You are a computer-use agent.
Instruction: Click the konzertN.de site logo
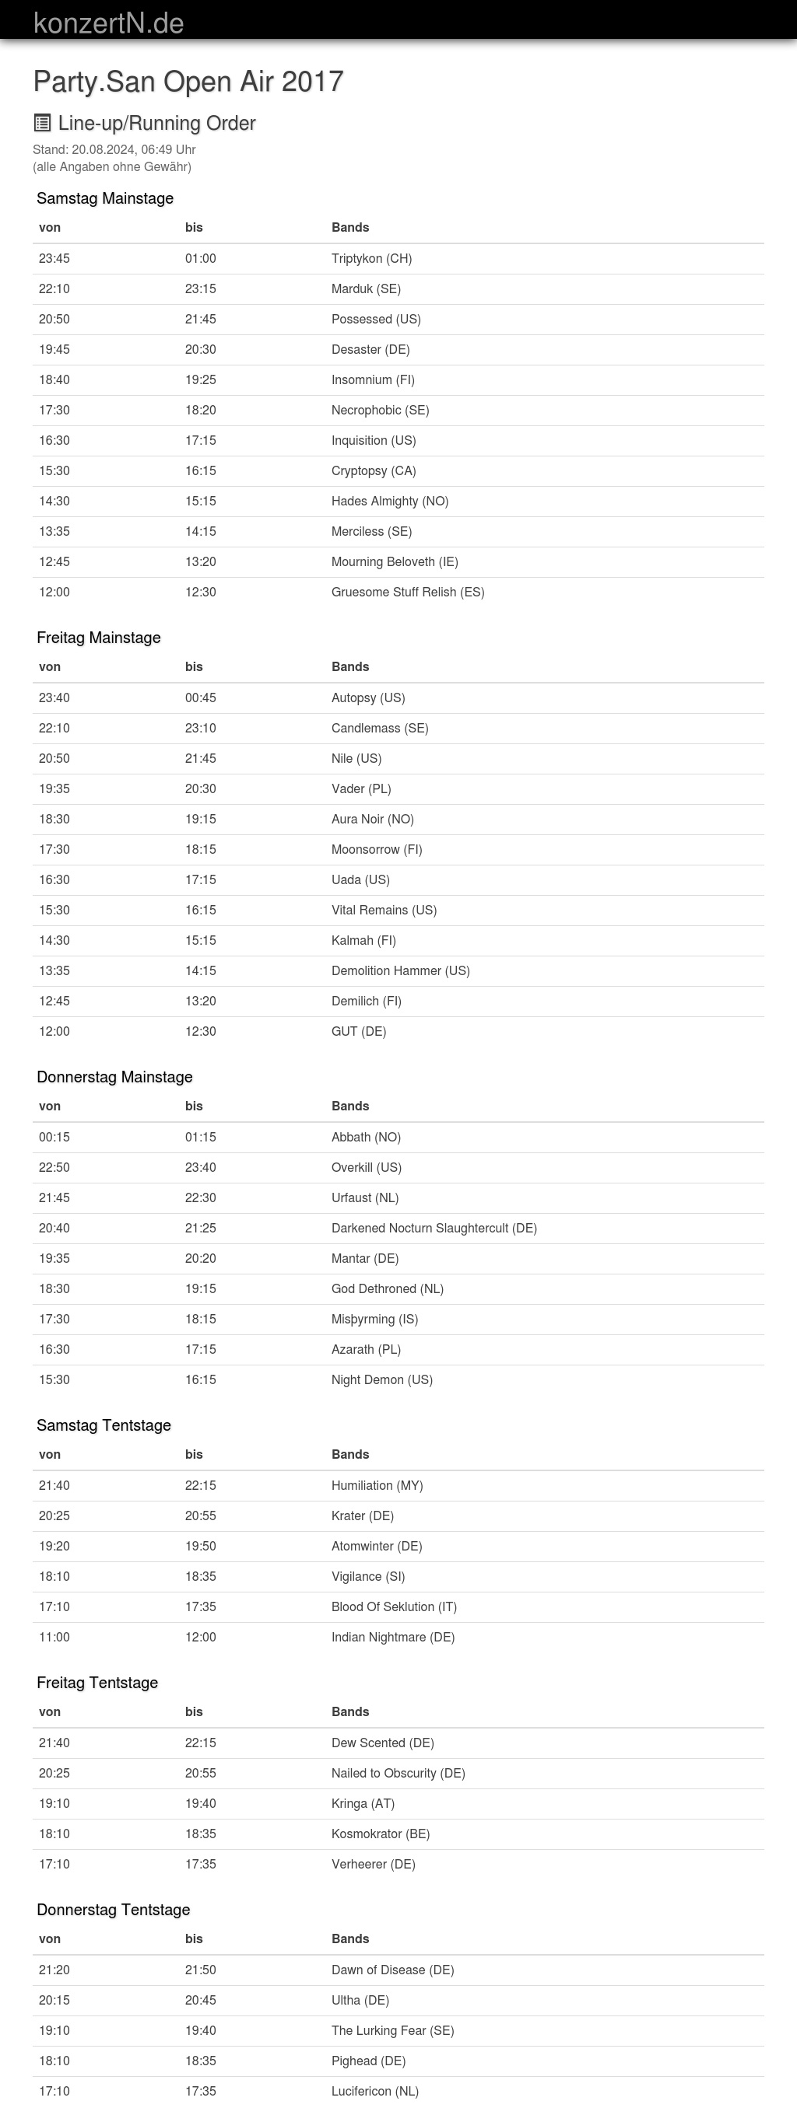pyautogui.click(x=108, y=23)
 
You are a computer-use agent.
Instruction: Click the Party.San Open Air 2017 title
pyautogui.click(x=188, y=82)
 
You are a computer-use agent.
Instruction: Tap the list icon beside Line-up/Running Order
pyautogui.click(x=42, y=123)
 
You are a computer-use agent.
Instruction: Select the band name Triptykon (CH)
pyautogui.click(x=371, y=259)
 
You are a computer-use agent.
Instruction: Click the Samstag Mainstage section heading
pyautogui.click(x=104, y=198)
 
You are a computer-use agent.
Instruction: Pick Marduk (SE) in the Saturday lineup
pyautogui.click(x=366, y=289)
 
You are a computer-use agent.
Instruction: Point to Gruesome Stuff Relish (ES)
pyautogui.click(x=407, y=593)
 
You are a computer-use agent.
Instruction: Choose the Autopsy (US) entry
pyautogui.click(x=367, y=697)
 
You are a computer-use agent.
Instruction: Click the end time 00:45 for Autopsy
pyautogui.click(x=200, y=697)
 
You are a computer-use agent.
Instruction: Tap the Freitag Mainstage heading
pyautogui.click(x=98, y=638)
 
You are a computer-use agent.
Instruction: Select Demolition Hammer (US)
pyautogui.click(x=400, y=970)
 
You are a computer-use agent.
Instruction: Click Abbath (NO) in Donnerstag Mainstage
pyautogui.click(x=366, y=1137)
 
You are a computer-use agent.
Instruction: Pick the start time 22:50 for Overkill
pyautogui.click(x=54, y=1167)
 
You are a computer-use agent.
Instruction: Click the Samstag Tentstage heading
pyautogui.click(x=104, y=1425)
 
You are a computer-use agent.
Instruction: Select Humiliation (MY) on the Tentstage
pyautogui.click(x=377, y=1485)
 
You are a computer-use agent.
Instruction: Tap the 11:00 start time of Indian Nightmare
pyautogui.click(x=54, y=1637)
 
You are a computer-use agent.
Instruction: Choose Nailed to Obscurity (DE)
pyautogui.click(x=398, y=1773)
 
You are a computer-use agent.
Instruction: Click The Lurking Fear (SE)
pyautogui.click(x=392, y=2030)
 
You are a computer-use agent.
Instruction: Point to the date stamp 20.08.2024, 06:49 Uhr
pyautogui.click(x=134, y=150)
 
